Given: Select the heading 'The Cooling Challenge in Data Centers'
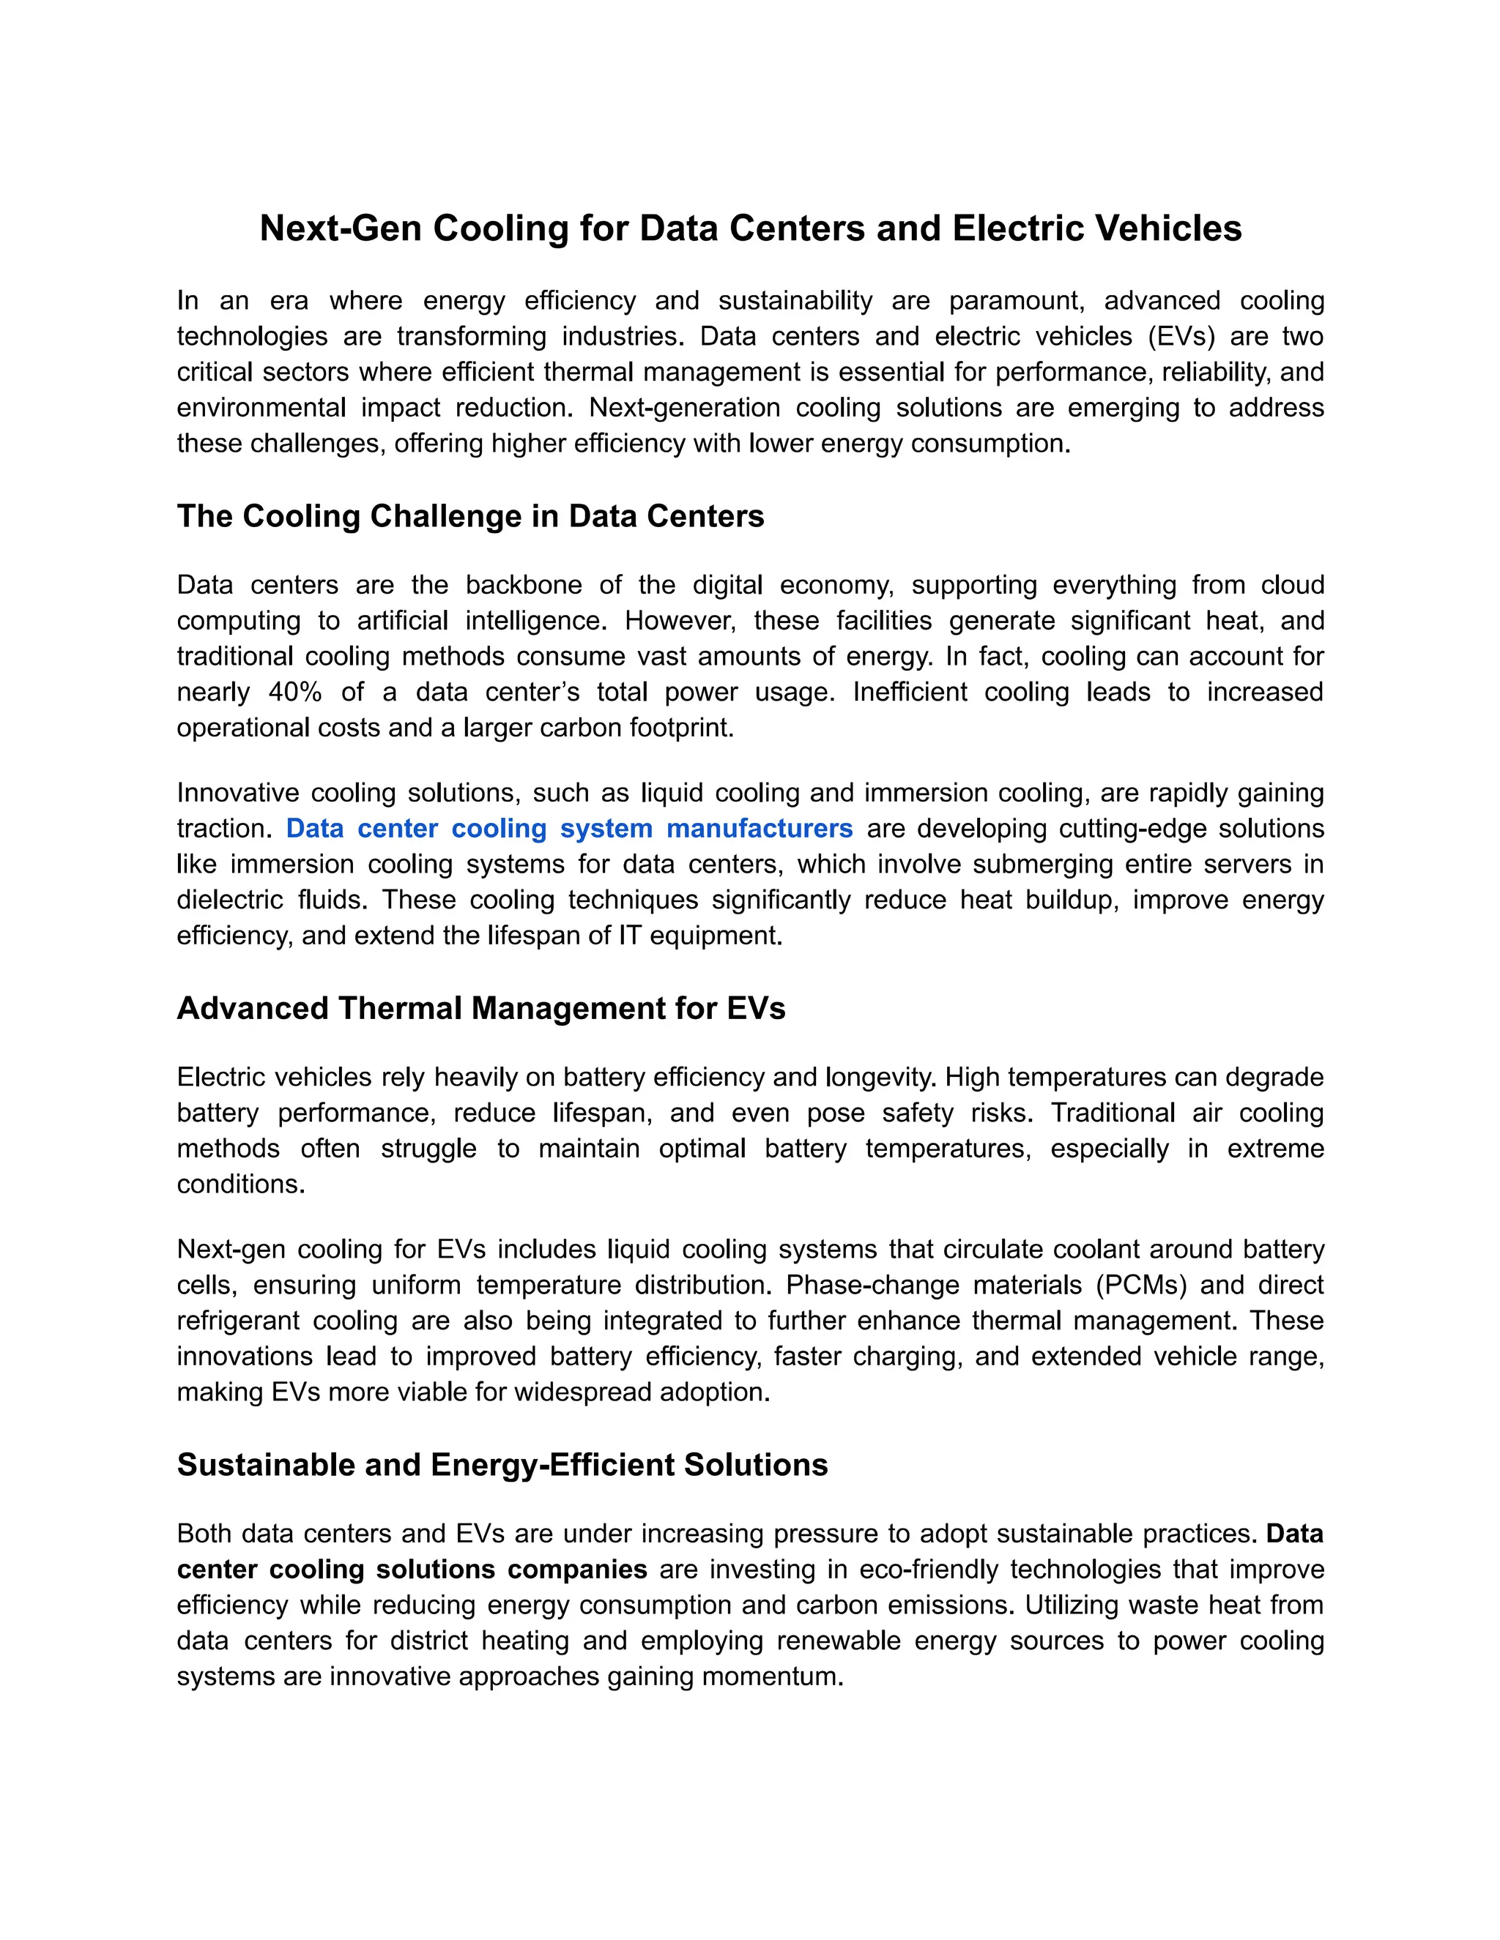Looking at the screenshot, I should point(470,516).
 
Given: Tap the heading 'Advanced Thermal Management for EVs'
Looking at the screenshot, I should point(480,1008).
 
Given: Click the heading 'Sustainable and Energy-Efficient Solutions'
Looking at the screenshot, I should point(502,1465).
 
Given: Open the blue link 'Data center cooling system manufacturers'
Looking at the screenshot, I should point(568,829).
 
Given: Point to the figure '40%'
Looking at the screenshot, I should point(294,692).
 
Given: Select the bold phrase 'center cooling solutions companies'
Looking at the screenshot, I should point(412,1570).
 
